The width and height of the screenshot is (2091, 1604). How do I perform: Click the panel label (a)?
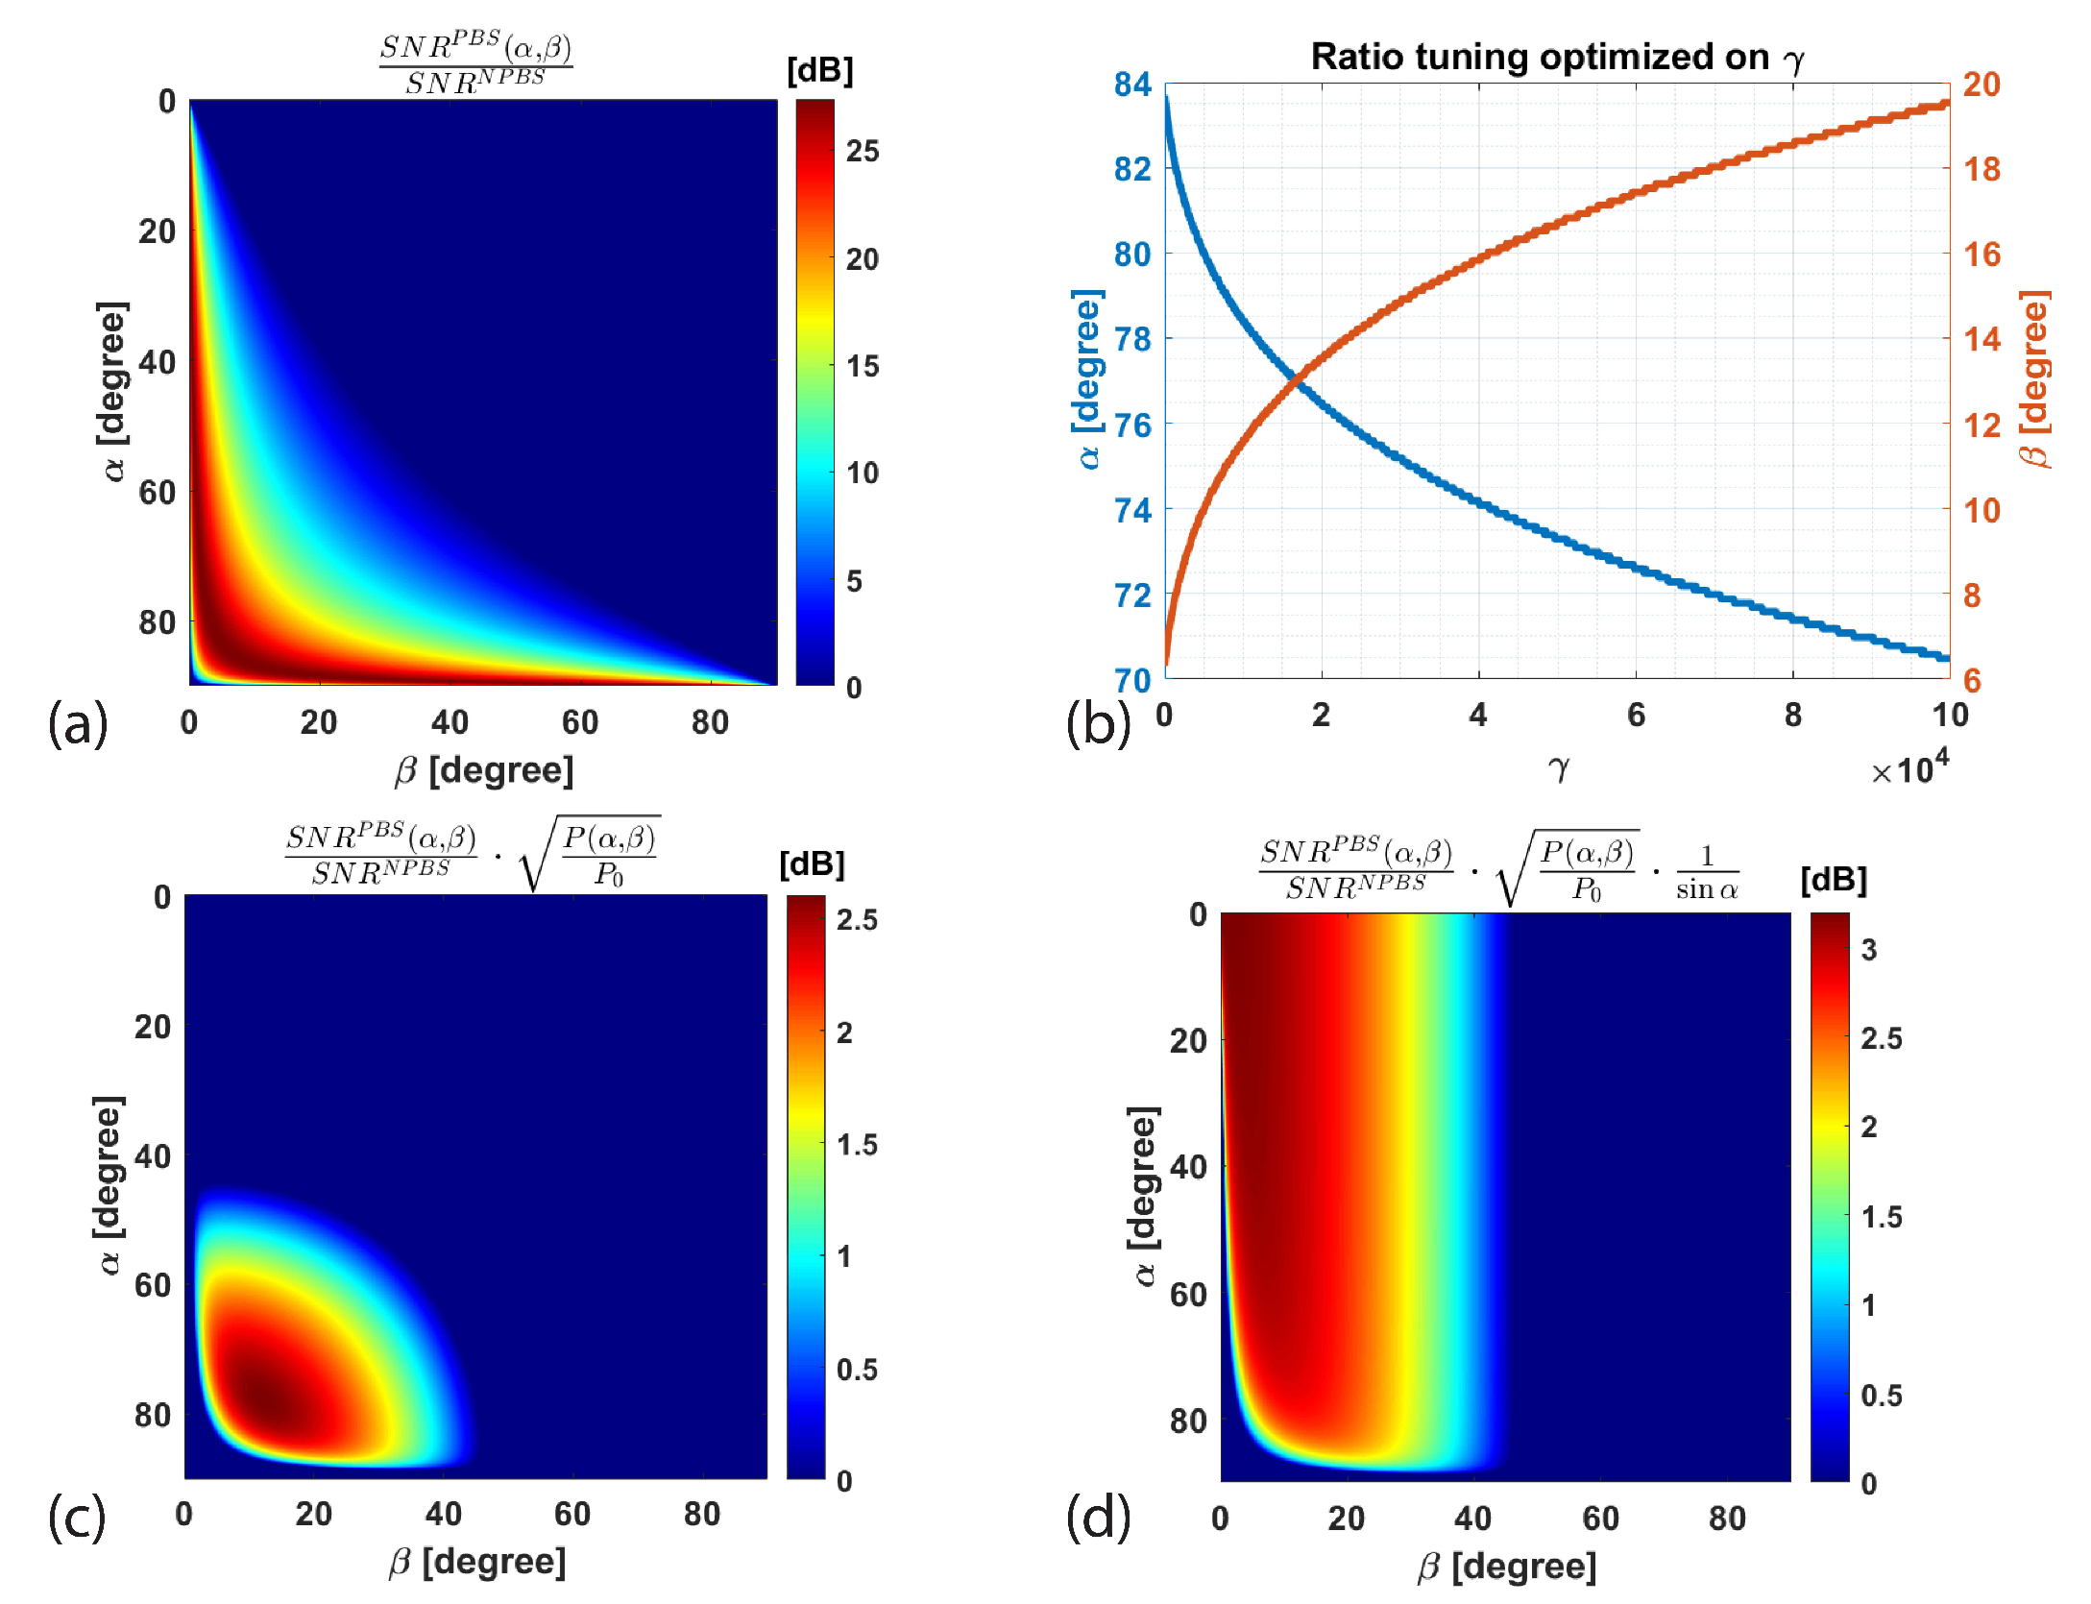click(x=78, y=723)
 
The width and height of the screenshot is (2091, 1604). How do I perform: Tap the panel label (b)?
click(x=1099, y=723)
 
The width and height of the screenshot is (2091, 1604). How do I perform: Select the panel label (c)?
click(x=77, y=1518)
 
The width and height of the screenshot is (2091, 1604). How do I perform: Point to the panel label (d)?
click(x=1099, y=1518)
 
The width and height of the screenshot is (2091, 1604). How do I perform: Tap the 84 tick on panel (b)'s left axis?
click(x=1132, y=85)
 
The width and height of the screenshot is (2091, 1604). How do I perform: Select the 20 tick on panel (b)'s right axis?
click(x=1981, y=85)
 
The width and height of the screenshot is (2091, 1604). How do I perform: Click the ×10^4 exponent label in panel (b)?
click(x=1909, y=768)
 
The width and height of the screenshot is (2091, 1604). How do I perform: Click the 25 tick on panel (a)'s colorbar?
click(x=862, y=151)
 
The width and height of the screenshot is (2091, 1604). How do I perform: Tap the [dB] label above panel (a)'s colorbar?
click(x=819, y=70)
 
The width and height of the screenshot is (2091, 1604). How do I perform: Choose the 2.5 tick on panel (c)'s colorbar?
click(x=857, y=920)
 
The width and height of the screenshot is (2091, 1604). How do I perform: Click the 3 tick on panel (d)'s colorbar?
click(x=1869, y=950)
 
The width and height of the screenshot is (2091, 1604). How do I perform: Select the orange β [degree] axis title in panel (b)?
click(x=2034, y=379)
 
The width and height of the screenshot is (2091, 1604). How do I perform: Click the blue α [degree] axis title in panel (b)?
click(x=1088, y=379)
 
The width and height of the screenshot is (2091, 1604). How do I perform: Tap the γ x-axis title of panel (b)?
click(x=1558, y=767)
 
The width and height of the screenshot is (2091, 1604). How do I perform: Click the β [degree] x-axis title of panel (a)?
click(x=484, y=770)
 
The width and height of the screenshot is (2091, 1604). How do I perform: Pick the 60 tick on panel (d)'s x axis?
click(x=1600, y=1519)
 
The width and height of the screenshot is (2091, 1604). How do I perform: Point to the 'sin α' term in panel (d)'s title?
click(x=1707, y=889)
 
